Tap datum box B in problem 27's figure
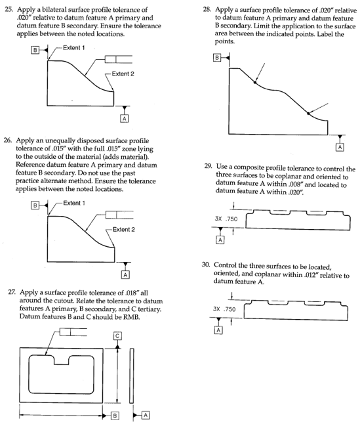[113, 415]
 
